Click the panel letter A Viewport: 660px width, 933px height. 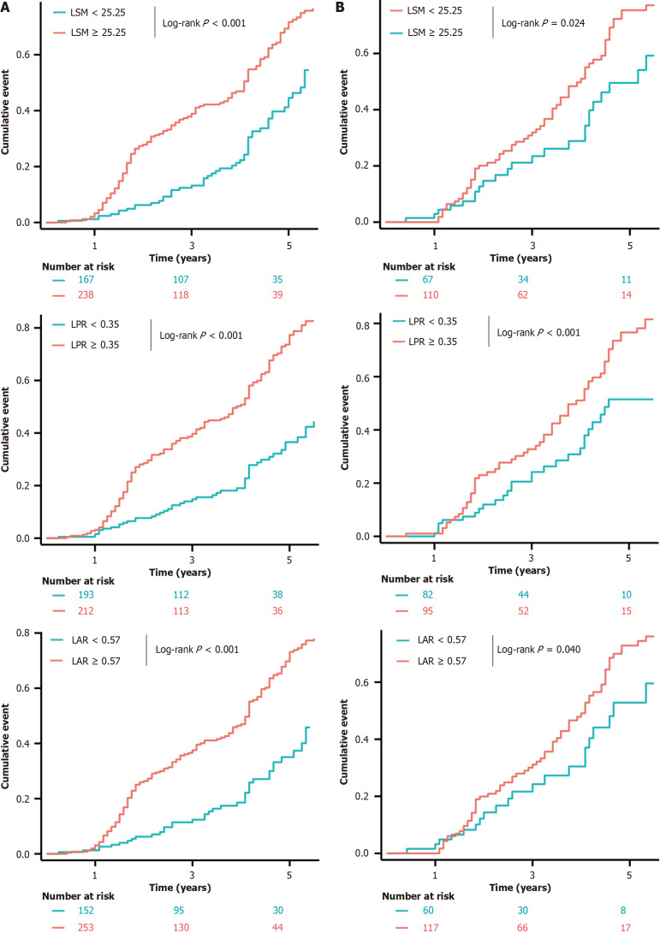5,7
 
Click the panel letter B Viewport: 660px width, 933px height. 342,7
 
